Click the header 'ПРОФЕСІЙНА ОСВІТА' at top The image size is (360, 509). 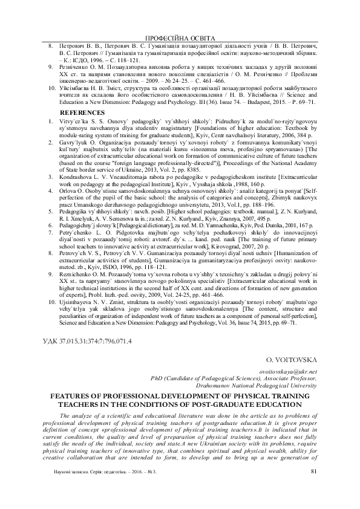180,37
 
